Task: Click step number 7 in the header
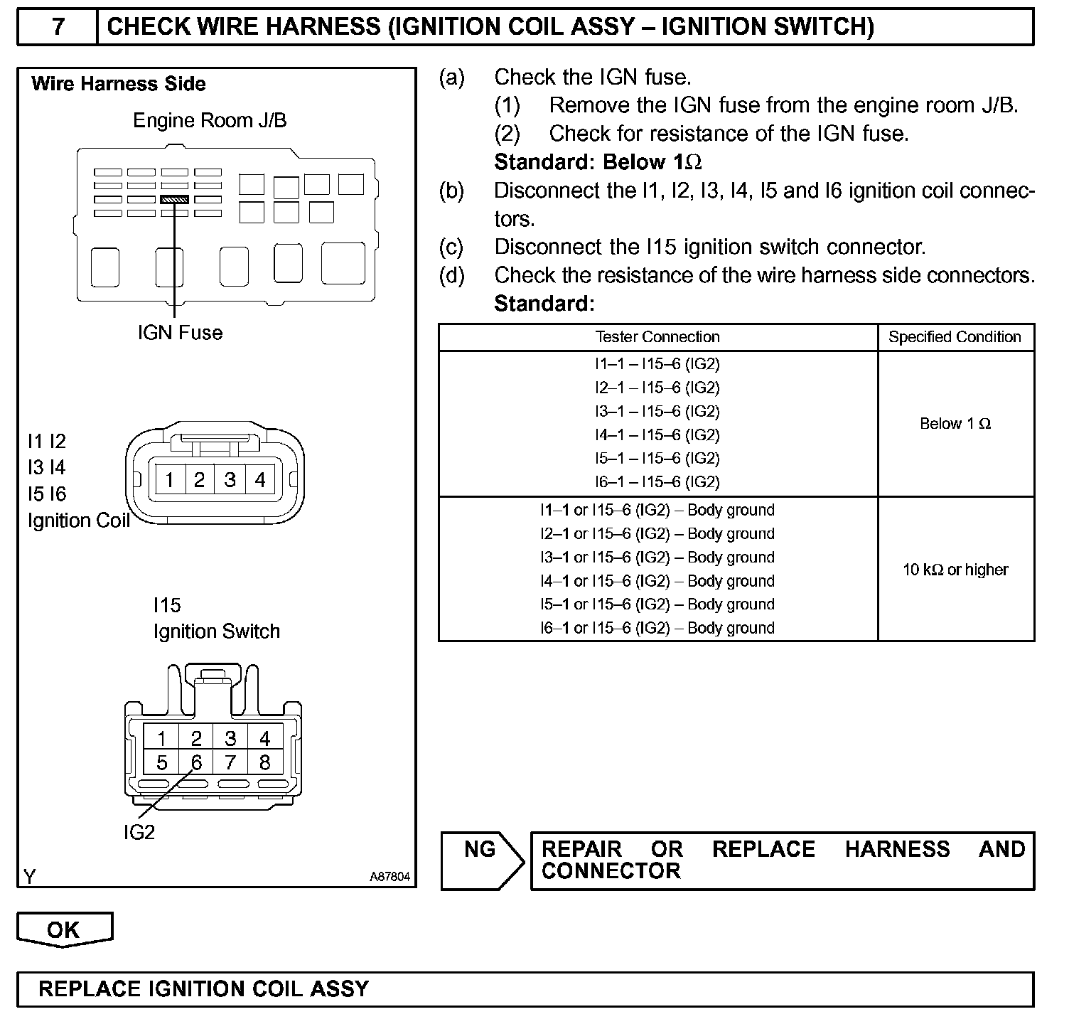point(58,27)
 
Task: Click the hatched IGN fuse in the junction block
point(174,200)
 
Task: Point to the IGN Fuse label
point(180,332)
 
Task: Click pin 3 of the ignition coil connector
point(230,480)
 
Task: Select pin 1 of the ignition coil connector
point(169,480)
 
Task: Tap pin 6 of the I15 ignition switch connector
point(196,763)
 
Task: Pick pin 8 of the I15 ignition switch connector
point(264,763)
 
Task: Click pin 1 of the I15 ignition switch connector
point(162,738)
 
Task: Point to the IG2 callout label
point(139,832)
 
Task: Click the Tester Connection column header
point(657,337)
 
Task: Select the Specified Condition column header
point(955,337)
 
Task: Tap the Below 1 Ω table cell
point(955,424)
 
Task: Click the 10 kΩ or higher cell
point(955,570)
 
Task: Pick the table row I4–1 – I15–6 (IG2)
point(657,434)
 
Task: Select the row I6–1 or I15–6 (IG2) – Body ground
point(657,628)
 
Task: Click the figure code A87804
point(390,877)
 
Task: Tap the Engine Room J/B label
point(210,120)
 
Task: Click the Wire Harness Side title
point(119,84)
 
